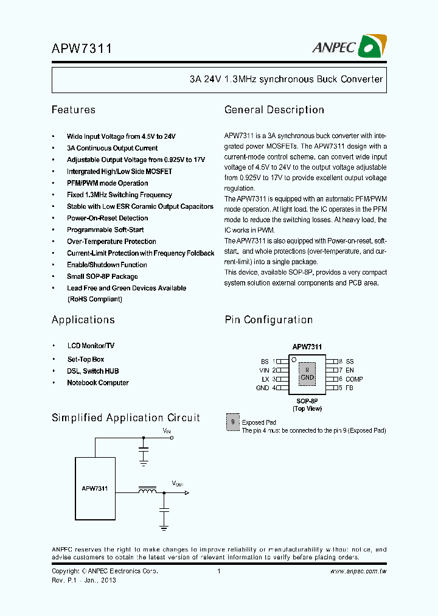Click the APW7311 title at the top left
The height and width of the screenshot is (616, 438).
[x=81, y=49]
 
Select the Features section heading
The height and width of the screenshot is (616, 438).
[x=74, y=110]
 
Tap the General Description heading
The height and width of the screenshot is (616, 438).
[x=274, y=110]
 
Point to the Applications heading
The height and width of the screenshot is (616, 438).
[x=83, y=320]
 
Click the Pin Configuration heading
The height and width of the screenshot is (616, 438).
[x=268, y=320]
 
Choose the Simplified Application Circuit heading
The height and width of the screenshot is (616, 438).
[x=125, y=418]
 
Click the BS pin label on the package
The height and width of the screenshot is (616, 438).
[x=264, y=362]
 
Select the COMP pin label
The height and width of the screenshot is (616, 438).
[x=354, y=379]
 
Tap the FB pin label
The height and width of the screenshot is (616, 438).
[x=350, y=388]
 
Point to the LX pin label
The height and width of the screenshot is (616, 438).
[x=265, y=379]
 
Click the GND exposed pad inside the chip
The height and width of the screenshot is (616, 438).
[x=307, y=374]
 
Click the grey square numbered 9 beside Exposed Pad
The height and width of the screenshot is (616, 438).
[x=232, y=422]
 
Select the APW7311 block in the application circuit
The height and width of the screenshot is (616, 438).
[x=95, y=488]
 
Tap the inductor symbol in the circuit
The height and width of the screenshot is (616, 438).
[x=147, y=491]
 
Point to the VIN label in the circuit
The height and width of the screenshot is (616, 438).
[x=167, y=431]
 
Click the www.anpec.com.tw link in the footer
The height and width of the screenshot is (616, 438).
[x=358, y=572]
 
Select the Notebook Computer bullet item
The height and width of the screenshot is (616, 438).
[x=97, y=383]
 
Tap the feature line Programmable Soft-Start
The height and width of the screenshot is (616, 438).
[x=105, y=230]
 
